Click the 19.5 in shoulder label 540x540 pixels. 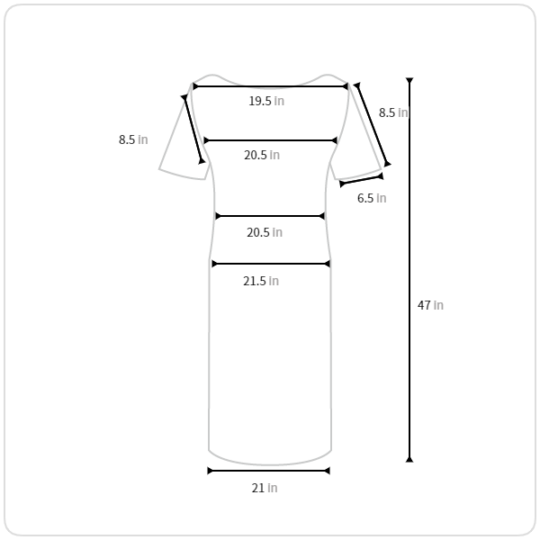266,101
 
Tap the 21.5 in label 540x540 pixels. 261,281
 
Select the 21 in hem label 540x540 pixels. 265,488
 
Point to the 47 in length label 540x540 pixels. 430,305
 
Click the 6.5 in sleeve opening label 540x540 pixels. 372,198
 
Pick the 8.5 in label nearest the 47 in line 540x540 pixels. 393,112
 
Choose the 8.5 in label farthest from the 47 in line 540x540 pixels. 133,139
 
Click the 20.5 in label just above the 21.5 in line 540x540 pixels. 265,232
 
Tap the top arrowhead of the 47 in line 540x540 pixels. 409,81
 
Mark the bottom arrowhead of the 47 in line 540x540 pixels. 409,459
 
